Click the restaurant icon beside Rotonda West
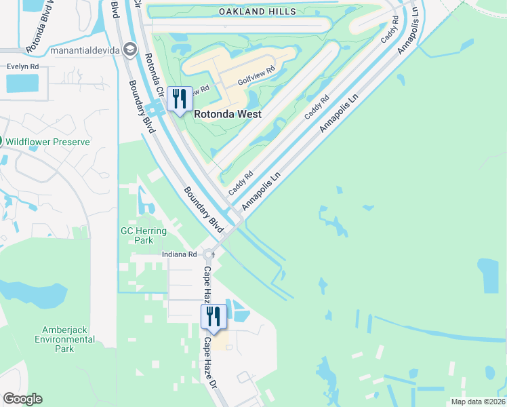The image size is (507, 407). click(180, 99)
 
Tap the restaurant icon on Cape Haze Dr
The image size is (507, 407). click(213, 316)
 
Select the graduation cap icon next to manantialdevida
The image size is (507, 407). click(130, 50)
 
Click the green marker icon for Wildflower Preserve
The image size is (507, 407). click(1, 142)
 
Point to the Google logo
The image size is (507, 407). click(22, 399)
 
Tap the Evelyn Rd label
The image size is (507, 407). click(22, 66)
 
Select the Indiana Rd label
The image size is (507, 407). click(179, 254)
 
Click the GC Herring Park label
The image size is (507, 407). click(144, 235)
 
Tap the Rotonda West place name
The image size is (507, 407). click(228, 114)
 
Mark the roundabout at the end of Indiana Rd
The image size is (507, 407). click(208, 255)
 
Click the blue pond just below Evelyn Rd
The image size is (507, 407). click(22, 83)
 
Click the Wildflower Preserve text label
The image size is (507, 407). click(48, 142)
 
